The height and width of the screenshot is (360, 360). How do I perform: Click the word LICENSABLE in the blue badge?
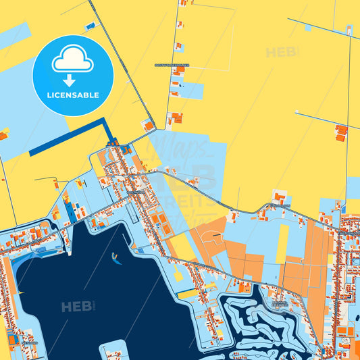click(73, 95)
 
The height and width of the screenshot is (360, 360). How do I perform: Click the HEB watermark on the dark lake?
click(78, 307)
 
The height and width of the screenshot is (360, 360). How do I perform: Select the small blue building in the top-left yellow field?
click(90, 26)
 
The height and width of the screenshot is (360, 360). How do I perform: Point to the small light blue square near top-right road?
click(308, 28)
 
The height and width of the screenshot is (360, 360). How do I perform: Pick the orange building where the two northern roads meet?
click(148, 126)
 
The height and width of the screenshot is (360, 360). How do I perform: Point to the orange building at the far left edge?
click(3, 136)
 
